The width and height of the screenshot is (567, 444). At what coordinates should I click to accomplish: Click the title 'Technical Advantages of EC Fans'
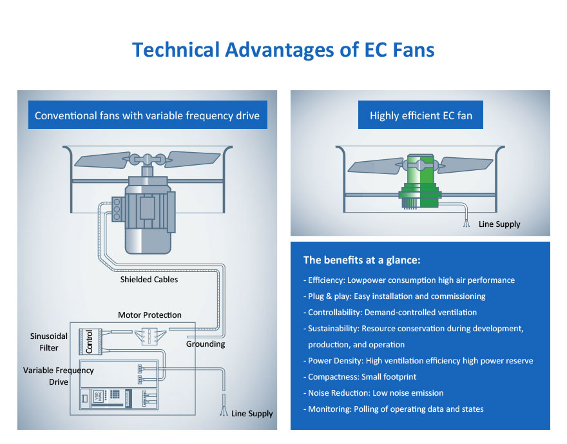pos(283,50)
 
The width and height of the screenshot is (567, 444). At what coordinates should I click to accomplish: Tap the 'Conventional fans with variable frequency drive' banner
pos(147,116)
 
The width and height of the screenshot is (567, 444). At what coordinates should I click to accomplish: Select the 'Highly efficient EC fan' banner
pos(421,116)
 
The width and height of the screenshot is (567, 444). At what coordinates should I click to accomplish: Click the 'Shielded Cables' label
pos(149,280)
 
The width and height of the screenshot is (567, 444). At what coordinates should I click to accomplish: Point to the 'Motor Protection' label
pos(149,315)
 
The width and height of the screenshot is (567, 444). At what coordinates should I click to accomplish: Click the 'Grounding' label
pos(206,344)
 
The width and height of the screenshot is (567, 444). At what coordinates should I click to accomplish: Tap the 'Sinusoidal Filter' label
pos(44,342)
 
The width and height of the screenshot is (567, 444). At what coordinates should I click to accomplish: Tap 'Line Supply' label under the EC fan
pos(499,224)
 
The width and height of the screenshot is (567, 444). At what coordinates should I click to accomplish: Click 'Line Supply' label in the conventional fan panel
pos(252,414)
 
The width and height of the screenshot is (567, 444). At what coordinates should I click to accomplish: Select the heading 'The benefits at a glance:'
pos(361,260)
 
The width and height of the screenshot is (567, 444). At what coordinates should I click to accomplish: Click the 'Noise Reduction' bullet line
pos(376,393)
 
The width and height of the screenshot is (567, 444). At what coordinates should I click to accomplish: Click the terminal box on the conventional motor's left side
pos(117,209)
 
